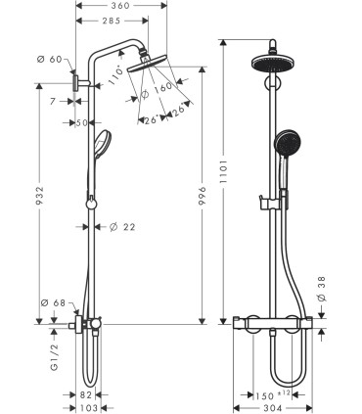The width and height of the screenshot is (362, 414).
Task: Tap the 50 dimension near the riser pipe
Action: click(x=82, y=122)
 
